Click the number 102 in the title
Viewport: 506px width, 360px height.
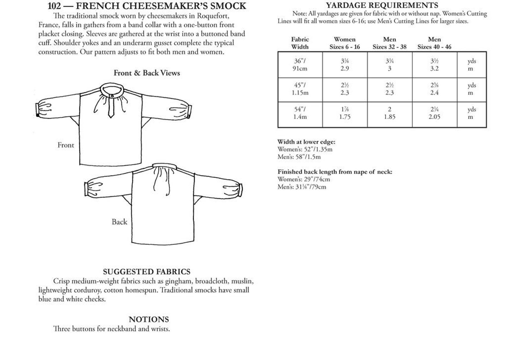click(54, 6)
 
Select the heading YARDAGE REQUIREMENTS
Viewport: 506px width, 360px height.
click(382, 5)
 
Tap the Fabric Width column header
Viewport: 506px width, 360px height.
click(300, 43)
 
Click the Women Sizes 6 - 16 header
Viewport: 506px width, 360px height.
click(344, 43)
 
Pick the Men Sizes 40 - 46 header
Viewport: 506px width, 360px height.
click(434, 43)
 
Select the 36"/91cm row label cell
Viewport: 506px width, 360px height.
click(300, 65)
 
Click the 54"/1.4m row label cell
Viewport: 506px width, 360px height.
click(300, 113)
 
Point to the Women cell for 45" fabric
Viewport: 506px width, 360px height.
click(344, 89)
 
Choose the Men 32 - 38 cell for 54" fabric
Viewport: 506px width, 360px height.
click(389, 113)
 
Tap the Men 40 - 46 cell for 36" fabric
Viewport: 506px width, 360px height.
click(434, 65)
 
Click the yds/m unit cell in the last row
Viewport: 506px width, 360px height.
click(471, 113)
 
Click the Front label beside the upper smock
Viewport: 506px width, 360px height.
click(66, 145)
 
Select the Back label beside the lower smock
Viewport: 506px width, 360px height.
click(119, 222)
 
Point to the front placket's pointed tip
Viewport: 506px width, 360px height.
click(111, 117)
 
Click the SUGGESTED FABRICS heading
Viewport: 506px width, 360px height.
click(147, 272)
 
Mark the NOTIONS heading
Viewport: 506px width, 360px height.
click(149, 320)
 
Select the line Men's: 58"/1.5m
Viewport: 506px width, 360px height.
click(299, 157)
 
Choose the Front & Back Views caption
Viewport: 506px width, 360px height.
click(147, 73)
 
